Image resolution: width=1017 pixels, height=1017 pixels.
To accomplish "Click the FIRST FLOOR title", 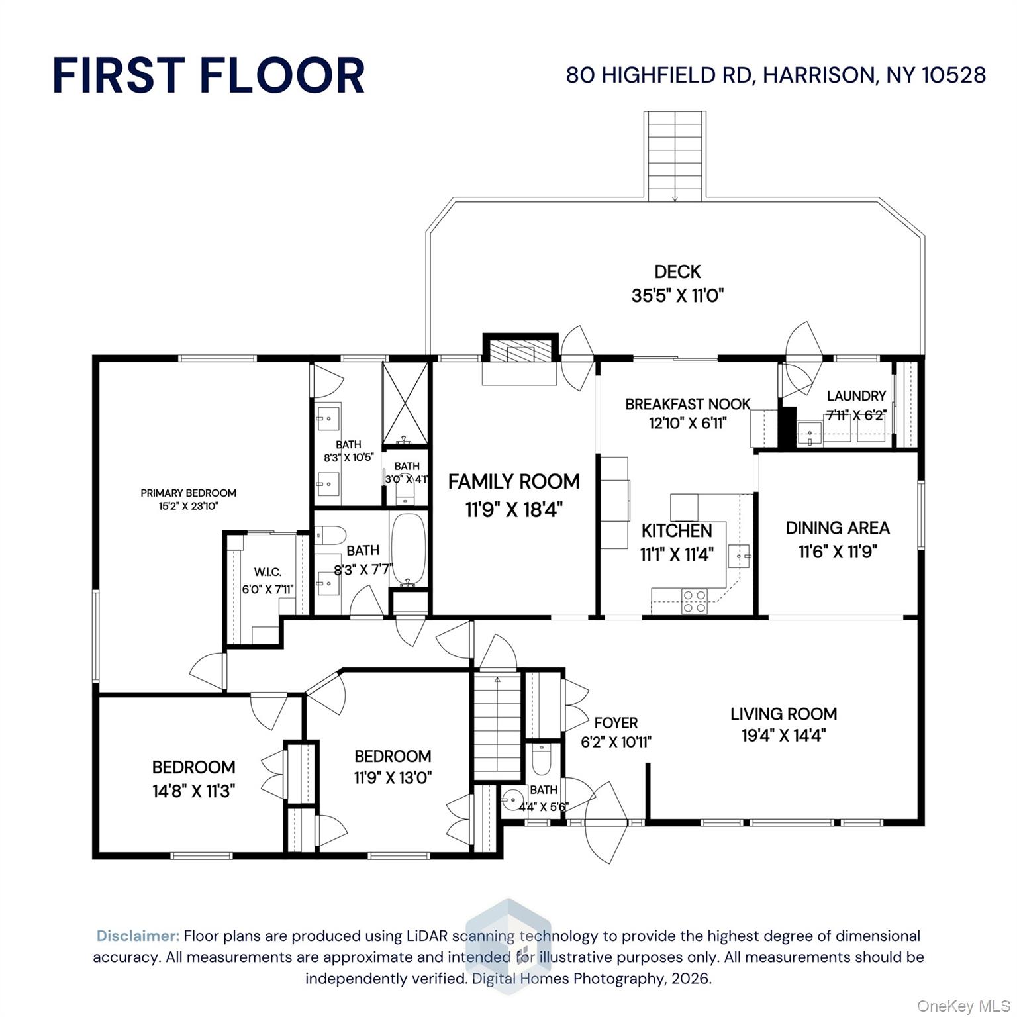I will point(209,75).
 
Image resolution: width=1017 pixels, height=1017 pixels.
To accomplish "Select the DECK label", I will point(677,271).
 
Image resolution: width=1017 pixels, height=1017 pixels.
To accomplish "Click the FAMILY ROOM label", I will point(514,481).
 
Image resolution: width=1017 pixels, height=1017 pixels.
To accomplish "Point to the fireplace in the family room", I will point(519,351).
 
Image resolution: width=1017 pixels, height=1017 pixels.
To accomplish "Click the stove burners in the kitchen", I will point(695,601).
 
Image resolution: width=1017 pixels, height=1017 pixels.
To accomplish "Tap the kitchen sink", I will point(740,557).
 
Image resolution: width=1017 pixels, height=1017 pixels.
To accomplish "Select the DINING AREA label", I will point(837,528).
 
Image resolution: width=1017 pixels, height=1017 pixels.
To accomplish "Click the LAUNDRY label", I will point(855,396).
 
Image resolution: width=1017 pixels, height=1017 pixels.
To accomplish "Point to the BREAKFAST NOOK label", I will point(687,404).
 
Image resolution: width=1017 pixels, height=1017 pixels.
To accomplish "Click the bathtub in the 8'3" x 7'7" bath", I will point(408,550).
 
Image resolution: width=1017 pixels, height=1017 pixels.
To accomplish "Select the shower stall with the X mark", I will point(406,404).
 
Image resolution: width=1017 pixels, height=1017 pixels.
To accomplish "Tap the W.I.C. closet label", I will point(267,572).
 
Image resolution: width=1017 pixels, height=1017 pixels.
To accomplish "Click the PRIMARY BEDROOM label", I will point(188,493).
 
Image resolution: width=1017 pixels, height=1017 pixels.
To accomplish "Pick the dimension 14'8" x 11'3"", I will point(193,791).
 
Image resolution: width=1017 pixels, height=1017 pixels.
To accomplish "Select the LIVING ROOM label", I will point(783,714).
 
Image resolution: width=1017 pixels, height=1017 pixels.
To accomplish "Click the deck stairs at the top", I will point(675,156).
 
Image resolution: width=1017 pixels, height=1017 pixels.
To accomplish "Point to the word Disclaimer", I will point(138,936).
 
